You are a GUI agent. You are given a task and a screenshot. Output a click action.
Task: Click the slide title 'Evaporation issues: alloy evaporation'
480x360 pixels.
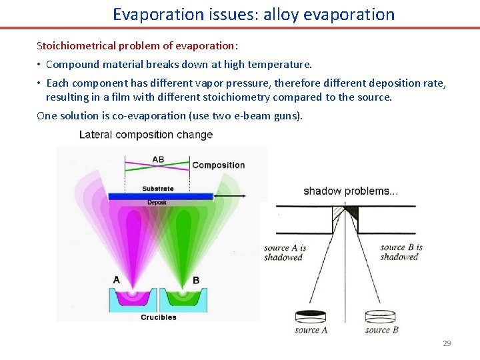[x=253, y=14]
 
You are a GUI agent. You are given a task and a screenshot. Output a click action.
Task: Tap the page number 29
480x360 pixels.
[x=447, y=343]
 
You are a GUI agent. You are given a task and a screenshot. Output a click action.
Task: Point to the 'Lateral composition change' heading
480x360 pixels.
[x=145, y=135]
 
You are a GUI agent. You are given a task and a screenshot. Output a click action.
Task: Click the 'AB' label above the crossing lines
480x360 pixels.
[x=158, y=159]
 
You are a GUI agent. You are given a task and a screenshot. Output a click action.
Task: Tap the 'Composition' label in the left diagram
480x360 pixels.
[x=219, y=165]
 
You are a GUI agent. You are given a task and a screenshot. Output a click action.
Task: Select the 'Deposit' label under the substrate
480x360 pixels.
[x=157, y=203]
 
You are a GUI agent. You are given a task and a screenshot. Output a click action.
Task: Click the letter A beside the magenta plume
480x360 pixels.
[x=117, y=279]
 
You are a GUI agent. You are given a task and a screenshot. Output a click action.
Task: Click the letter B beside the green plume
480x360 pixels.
[x=196, y=280]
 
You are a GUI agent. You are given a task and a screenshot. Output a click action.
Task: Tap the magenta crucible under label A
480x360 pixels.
[x=131, y=298]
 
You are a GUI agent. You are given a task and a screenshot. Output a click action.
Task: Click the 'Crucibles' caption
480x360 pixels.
[x=159, y=317]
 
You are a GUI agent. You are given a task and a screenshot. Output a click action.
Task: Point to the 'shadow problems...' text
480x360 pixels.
[x=351, y=191]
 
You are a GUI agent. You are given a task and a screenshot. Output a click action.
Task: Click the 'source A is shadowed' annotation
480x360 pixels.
[x=285, y=253]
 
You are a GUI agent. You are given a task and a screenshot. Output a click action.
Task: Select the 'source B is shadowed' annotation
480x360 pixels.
[x=401, y=252]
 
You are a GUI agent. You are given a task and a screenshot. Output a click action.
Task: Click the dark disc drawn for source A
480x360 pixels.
[x=311, y=315]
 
